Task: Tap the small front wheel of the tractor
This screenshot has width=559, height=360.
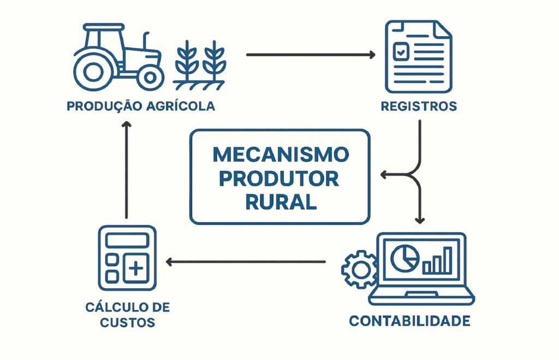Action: tap(150, 76)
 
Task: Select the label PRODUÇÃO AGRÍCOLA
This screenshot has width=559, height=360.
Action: tap(140, 106)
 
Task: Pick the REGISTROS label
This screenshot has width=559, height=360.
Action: tap(419, 106)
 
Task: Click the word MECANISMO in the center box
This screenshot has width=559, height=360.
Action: tap(280, 155)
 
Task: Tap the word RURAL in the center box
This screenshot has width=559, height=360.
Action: tap(280, 203)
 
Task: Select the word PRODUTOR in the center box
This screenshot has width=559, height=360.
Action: tap(280, 179)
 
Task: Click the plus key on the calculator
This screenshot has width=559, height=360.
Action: tap(136, 268)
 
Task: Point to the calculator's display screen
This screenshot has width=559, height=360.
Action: tap(127, 240)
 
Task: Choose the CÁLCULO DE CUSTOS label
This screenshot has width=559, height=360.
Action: tap(127, 315)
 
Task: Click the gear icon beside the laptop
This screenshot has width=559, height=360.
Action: tap(359, 268)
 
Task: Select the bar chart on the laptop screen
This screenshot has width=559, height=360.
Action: tap(438, 261)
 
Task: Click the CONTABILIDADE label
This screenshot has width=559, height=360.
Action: tap(409, 321)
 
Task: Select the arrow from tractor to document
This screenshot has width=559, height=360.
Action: tap(311, 55)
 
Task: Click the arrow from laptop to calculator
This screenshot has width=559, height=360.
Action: tap(246, 262)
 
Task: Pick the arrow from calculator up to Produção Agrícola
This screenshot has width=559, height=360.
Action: tap(127, 169)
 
